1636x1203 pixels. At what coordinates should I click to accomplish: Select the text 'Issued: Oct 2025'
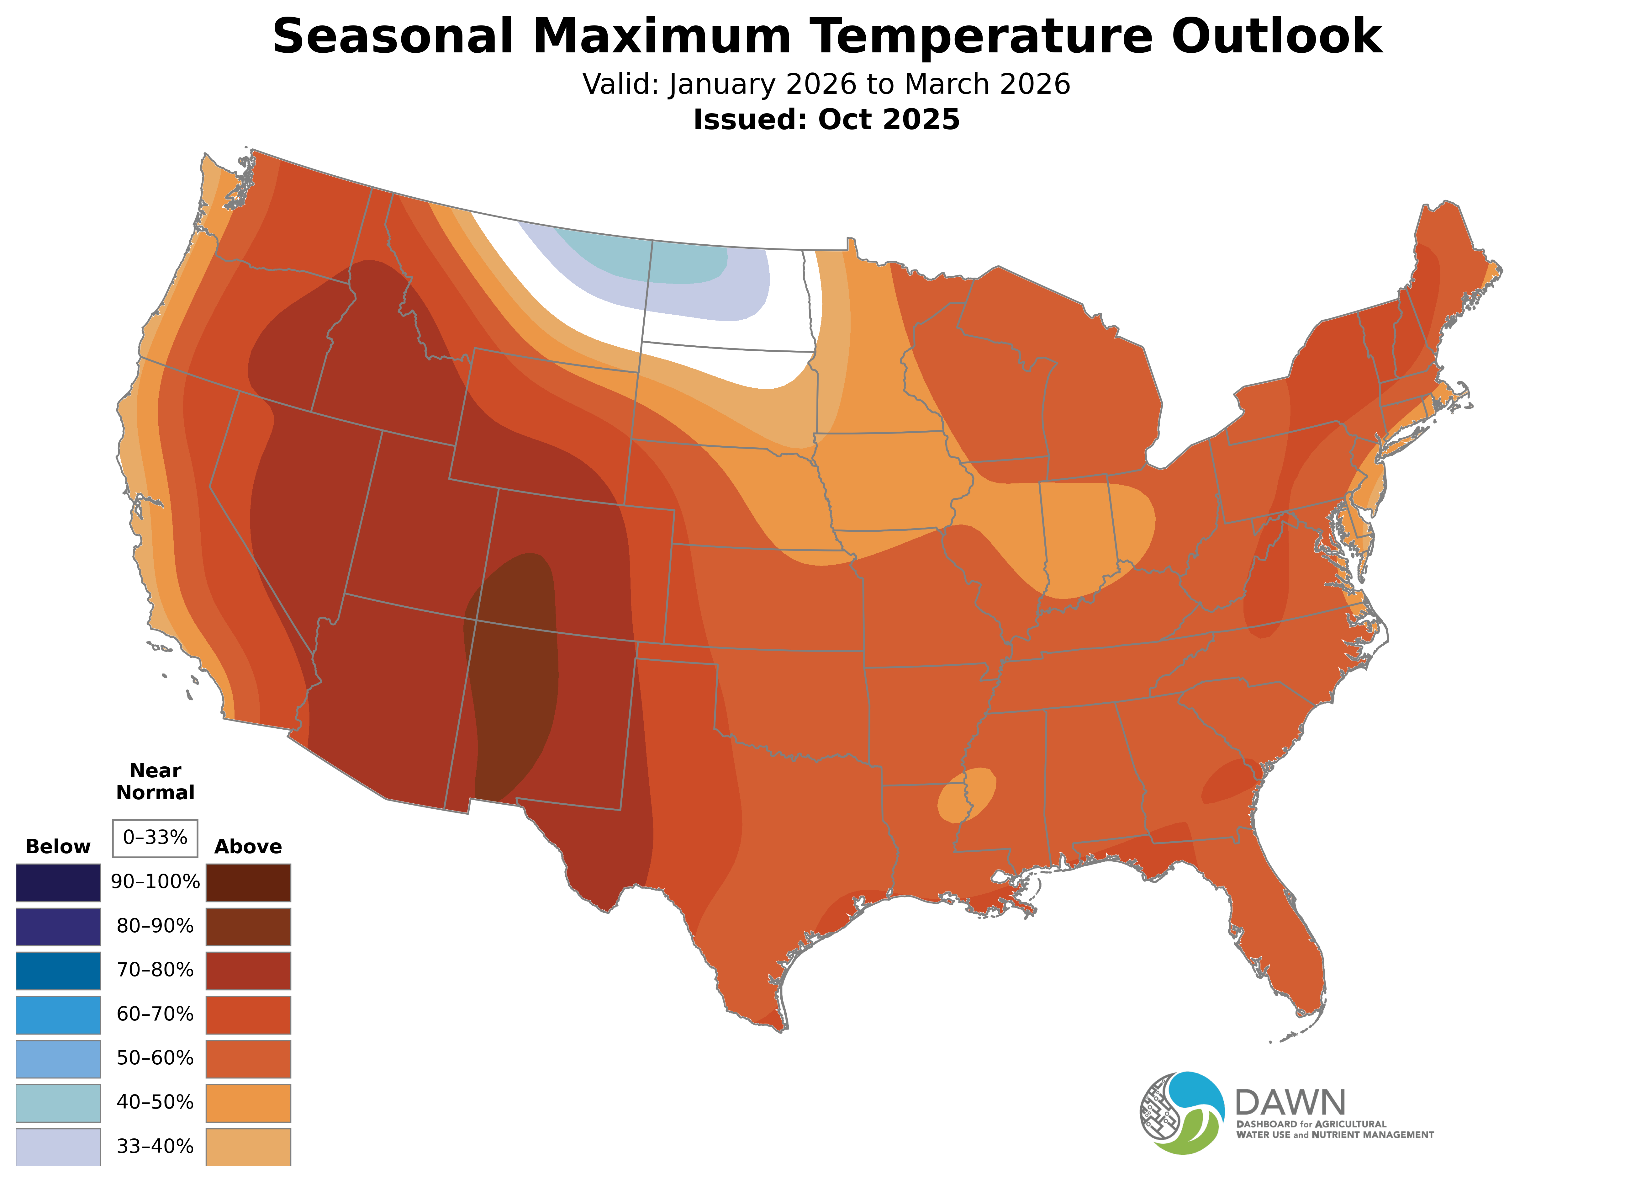[826, 120]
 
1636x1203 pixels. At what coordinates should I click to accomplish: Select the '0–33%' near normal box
[155, 838]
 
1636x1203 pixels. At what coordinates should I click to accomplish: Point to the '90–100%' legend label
[155, 882]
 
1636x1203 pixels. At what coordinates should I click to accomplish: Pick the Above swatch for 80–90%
[248, 926]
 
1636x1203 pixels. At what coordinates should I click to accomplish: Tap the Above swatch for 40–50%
[248, 1103]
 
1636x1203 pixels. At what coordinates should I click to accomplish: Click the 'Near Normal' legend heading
[155, 781]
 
